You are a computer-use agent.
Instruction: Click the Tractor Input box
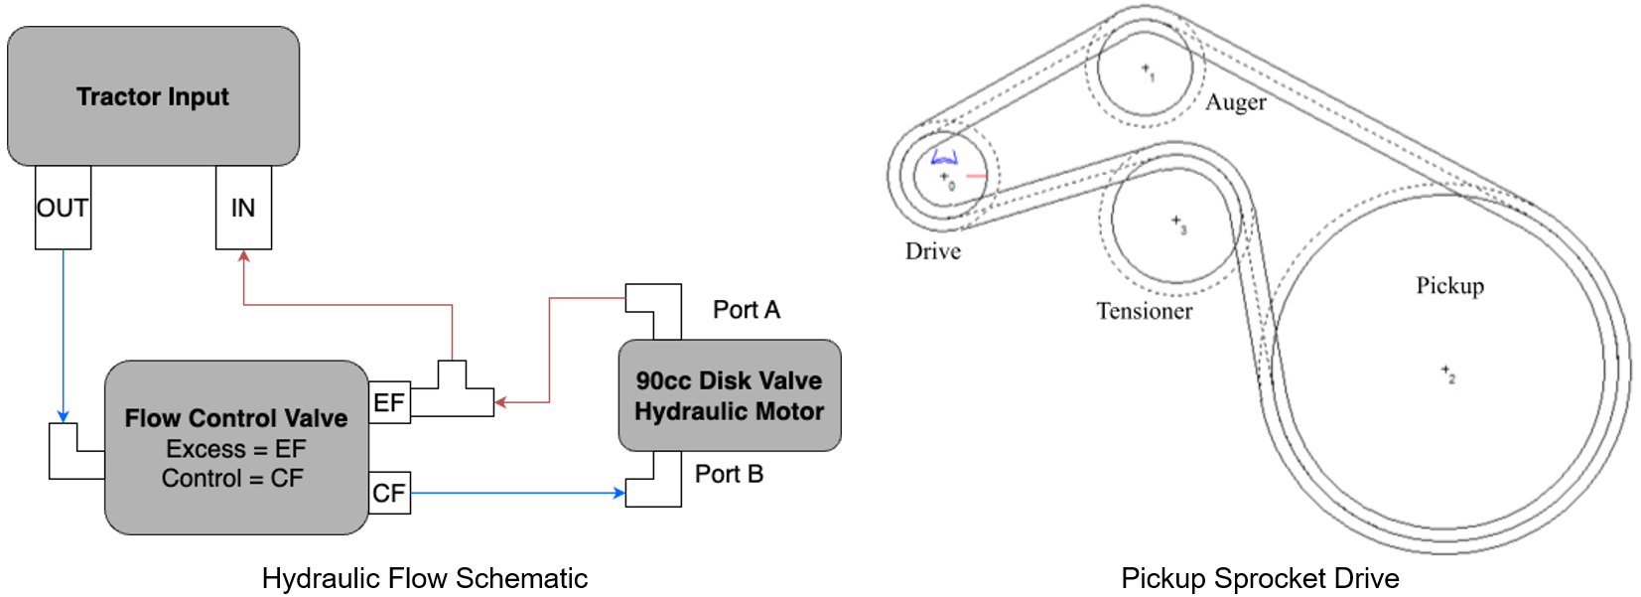(x=153, y=96)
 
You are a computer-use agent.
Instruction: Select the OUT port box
(x=63, y=208)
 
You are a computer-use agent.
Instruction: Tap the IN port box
(x=243, y=208)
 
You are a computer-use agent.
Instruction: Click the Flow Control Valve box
(x=236, y=447)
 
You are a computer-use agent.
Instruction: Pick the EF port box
(x=389, y=402)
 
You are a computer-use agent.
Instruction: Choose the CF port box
(x=389, y=493)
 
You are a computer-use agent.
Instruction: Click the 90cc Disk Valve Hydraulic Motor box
(x=730, y=395)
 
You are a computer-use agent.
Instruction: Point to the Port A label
(x=747, y=310)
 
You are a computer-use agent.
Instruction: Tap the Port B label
(x=729, y=474)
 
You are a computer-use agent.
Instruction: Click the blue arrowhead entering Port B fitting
(x=619, y=493)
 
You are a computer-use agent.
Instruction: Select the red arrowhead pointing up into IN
(x=243, y=256)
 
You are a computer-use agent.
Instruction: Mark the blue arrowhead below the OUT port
(x=63, y=416)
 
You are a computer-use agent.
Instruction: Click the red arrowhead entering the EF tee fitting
(x=500, y=402)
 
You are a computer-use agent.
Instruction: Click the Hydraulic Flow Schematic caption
(x=424, y=578)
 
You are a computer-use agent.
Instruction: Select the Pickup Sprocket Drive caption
(x=1260, y=578)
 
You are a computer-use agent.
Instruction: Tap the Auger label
(x=1236, y=102)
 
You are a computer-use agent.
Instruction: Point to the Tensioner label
(x=1144, y=311)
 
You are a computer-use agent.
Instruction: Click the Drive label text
(x=933, y=251)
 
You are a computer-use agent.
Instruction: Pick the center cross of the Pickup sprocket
(x=1445, y=371)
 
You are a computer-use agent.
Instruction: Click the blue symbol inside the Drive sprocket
(x=944, y=157)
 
